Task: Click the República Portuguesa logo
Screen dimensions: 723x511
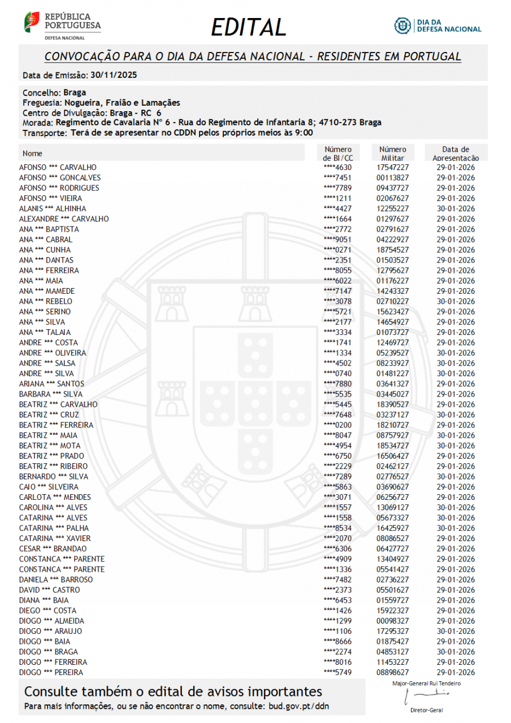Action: tap(62, 25)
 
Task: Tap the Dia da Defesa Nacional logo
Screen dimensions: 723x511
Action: tap(438, 25)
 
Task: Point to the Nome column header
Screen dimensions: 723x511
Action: tap(32, 153)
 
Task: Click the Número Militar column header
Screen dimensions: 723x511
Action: tap(392, 154)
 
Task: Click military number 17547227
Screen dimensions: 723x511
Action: tap(392, 168)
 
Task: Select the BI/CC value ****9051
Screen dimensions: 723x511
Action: tap(337, 239)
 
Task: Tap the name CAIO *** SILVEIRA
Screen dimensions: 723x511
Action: tap(49, 487)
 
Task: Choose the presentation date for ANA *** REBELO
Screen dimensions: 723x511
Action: tap(456, 302)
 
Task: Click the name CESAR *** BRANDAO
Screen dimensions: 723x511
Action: tap(53, 548)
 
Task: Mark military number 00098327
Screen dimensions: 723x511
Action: tap(392, 621)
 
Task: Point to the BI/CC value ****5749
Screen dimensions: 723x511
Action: tap(337, 672)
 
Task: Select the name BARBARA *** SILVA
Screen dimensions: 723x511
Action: tap(51, 394)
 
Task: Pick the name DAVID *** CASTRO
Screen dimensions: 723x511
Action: tap(50, 590)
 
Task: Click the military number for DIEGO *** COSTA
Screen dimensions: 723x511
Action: tap(392, 611)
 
